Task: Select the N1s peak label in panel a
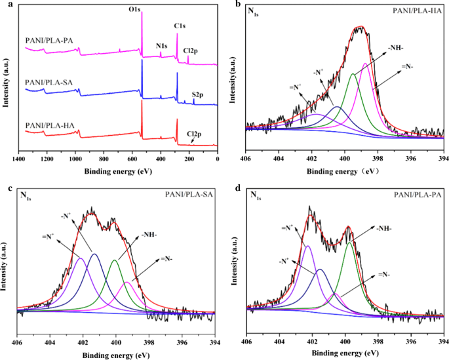161,46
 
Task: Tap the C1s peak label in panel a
180,26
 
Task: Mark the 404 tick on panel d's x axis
279,341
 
